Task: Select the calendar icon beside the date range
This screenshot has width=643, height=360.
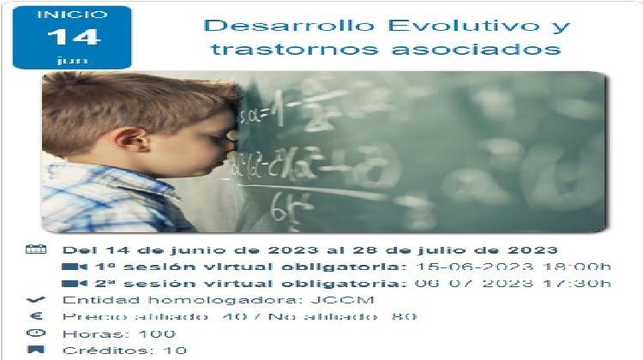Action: [35, 250]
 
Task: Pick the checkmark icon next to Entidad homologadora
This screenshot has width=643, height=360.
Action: [35, 300]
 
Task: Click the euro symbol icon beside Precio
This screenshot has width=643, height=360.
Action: [35, 316]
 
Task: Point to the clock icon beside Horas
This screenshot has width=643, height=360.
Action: [35, 333]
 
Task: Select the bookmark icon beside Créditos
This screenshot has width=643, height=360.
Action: [35, 350]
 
